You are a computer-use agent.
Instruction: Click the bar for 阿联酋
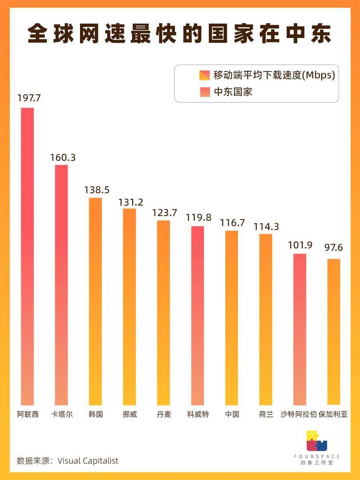[28, 256]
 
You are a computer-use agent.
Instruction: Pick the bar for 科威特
[198, 316]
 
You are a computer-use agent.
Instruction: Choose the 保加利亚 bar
[334, 332]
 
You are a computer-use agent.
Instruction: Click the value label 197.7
[29, 98]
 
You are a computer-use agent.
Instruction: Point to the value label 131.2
[130, 202]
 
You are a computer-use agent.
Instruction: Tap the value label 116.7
[232, 223]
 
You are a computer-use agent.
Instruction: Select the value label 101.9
[300, 245]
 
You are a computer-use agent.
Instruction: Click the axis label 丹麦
[164, 414]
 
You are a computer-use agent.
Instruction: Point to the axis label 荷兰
[266, 414]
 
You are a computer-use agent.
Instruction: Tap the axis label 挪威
[130, 414]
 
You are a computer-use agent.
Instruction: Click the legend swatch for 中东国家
[204, 92]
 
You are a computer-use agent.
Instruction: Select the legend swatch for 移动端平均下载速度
[204, 75]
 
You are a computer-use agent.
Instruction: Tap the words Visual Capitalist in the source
[88, 461]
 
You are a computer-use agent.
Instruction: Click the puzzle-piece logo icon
[316, 440]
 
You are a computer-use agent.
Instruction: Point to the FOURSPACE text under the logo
[316, 456]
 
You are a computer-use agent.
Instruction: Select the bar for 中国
[232, 318]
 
